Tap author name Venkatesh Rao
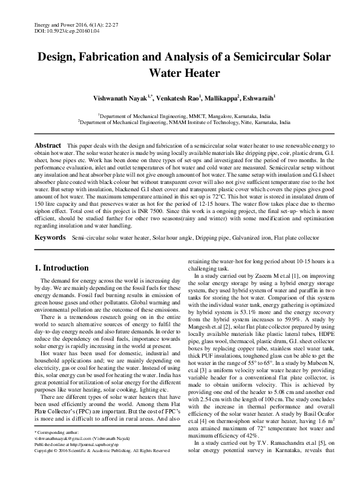tap(176, 98)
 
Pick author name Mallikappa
tap(221, 98)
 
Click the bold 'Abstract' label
tap(48, 146)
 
